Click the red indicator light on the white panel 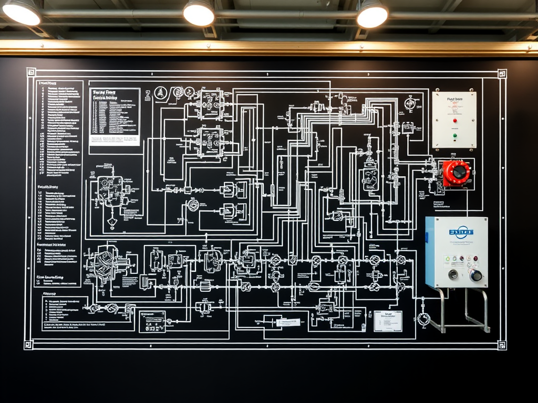coord(454,120)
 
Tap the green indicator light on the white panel coord(454,135)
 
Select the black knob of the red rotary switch coord(459,172)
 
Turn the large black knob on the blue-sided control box coord(476,275)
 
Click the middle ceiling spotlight coord(199,13)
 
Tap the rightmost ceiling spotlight coord(372,15)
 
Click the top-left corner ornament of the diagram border coord(30,72)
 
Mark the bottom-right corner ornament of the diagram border coord(501,345)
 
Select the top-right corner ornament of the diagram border coord(502,73)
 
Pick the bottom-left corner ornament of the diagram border coord(29,344)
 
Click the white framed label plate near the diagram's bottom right coord(388,321)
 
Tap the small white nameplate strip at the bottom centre coord(288,322)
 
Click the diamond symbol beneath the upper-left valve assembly coord(112,224)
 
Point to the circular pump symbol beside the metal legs coord(423,318)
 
